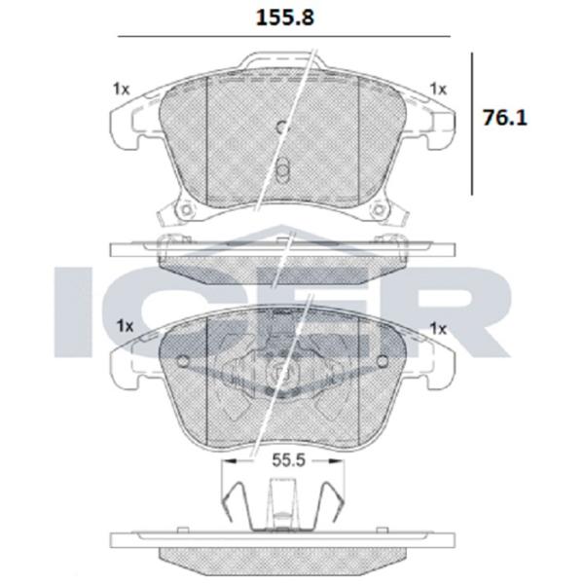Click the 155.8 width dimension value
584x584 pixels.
tap(285, 18)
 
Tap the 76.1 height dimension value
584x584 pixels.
tap(505, 118)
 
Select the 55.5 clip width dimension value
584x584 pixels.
tap(289, 460)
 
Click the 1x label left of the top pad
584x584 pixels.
tap(121, 90)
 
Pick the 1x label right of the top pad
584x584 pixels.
tap(438, 89)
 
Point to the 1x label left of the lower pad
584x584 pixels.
tap(126, 326)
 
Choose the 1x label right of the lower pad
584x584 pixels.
tap(438, 329)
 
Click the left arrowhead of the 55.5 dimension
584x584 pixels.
tap(230, 461)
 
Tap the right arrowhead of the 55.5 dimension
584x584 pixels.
tap(336, 461)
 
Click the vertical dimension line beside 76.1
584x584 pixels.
tap(472, 124)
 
